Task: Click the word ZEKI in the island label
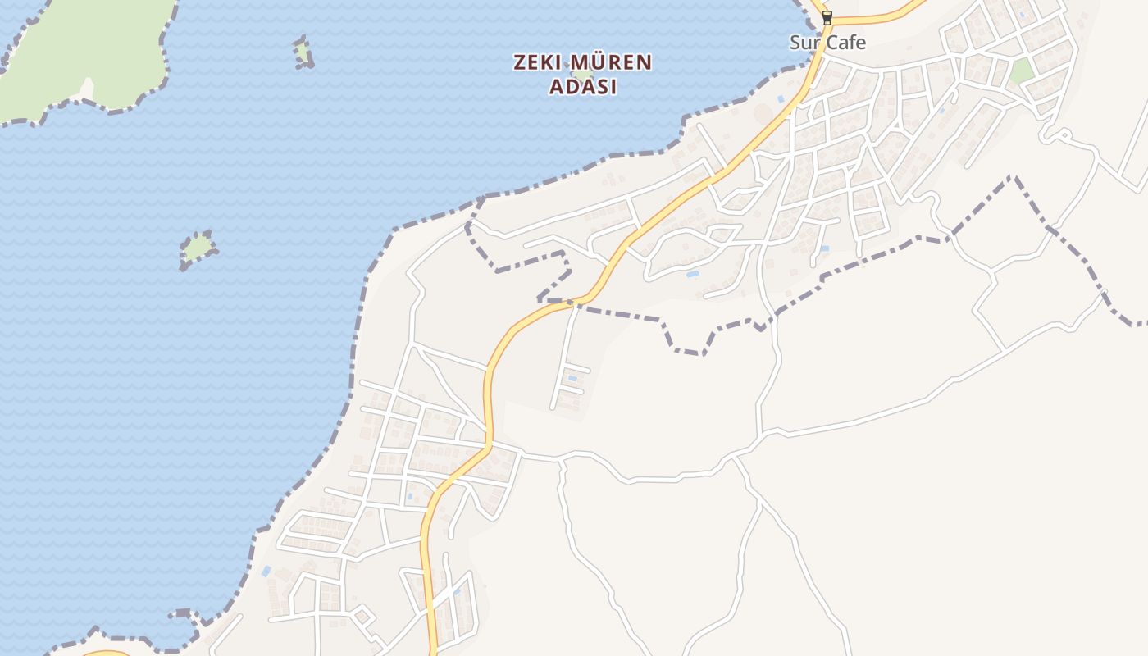pyautogui.click(x=538, y=62)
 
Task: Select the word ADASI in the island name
pyautogui.click(x=582, y=87)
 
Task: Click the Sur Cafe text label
pyautogui.click(x=827, y=43)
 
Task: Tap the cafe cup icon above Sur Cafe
pyautogui.click(x=827, y=16)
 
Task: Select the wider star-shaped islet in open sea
pyautogui.click(x=198, y=248)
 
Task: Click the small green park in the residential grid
pyautogui.click(x=1021, y=71)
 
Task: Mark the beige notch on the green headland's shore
pyautogui.click(x=87, y=89)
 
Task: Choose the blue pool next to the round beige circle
pyautogui.click(x=781, y=99)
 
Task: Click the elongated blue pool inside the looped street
pyautogui.click(x=693, y=273)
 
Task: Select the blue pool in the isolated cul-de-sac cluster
pyautogui.click(x=572, y=378)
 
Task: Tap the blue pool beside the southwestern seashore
pyautogui.click(x=266, y=571)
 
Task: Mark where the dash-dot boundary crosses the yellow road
pyautogui.click(x=574, y=302)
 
